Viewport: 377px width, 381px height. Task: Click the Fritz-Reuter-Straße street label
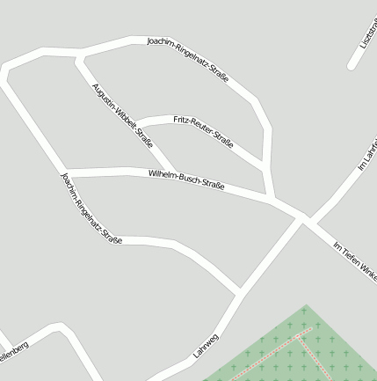pos(203,130)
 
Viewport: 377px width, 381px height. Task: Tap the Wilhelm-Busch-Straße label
pos(186,180)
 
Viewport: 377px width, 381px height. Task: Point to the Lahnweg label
pos(206,345)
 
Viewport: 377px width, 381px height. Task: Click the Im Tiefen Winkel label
pos(355,261)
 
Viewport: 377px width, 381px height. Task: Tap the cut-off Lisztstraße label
pos(368,35)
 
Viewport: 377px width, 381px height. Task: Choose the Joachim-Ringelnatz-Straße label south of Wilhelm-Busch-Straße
pos(90,209)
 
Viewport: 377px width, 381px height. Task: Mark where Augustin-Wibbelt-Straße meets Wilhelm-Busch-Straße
pos(172,171)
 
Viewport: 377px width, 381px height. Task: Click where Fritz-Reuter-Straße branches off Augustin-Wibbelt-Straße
pos(138,121)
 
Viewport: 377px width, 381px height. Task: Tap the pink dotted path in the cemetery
pos(272,356)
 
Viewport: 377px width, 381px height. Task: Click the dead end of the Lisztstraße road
pos(352,65)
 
